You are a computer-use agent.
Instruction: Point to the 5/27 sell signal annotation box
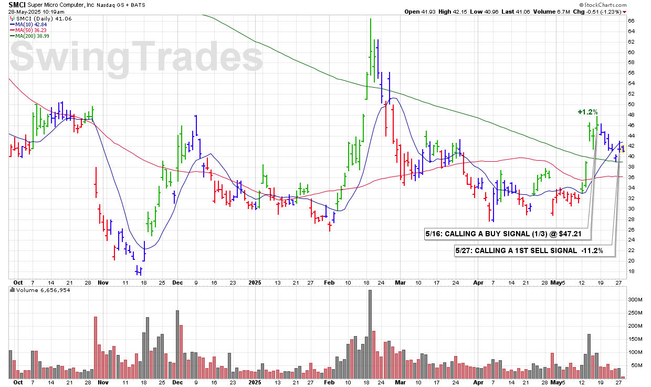(535, 251)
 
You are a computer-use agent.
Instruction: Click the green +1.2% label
(587, 112)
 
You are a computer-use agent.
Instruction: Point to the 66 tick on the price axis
(632, 21)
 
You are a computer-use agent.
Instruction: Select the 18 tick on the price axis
(632, 271)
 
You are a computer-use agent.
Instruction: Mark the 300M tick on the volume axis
(635, 300)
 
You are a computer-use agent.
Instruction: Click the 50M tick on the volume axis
(634, 365)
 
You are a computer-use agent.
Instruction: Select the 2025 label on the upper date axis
(255, 282)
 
